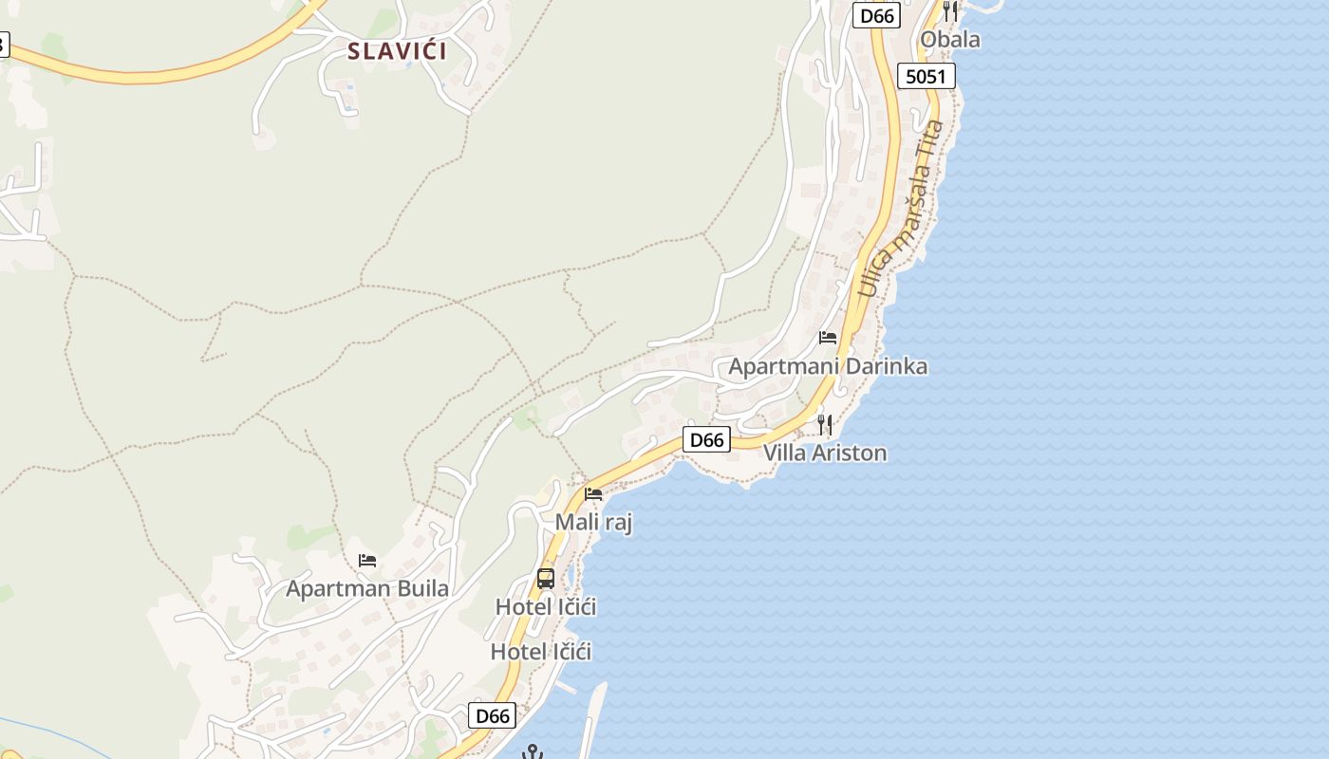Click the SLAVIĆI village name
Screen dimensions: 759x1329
tap(397, 50)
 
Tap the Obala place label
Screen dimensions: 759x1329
tap(950, 40)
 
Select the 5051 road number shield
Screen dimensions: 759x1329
tap(926, 76)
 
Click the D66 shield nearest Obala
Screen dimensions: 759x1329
tap(876, 16)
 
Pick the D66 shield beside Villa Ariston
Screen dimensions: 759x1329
tap(707, 439)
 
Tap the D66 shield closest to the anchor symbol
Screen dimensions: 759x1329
tap(493, 715)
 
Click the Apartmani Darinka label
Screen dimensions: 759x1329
tap(828, 366)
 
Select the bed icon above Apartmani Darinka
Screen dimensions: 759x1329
tap(828, 337)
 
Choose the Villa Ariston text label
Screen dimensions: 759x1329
tap(825, 453)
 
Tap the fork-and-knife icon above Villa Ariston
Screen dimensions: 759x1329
tap(825, 424)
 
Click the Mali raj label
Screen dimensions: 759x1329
tap(593, 522)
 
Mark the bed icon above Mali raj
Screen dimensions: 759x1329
tap(593, 493)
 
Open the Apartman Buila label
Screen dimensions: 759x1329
tap(367, 588)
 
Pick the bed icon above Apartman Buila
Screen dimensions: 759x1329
tap(367, 561)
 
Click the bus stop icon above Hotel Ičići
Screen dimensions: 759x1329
tap(546, 578)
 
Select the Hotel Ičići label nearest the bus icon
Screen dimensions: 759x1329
tap(546, 606)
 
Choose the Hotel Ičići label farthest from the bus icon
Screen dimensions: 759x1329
tap(541, 652)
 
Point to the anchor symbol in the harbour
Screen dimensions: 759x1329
tap(533, 752)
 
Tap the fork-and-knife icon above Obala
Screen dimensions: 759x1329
tap(950, 10)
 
